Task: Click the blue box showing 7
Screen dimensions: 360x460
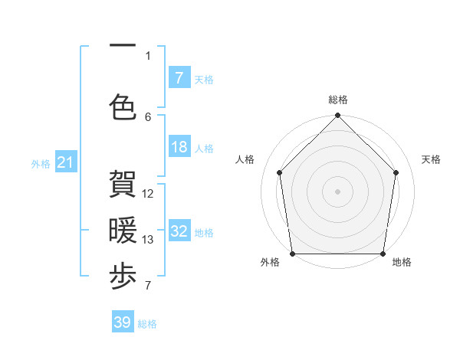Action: pos(179,77)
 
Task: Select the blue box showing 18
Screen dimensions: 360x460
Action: pos(179,147)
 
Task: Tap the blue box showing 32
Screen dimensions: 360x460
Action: pos(179,231)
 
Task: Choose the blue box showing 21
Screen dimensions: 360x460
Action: pos(66,162)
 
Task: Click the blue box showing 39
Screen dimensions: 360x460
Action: pos(123,322)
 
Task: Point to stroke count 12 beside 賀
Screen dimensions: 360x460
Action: pos(148,194)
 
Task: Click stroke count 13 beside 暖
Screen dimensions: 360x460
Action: pos(148,240)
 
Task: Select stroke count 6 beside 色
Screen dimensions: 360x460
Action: pos(148,116)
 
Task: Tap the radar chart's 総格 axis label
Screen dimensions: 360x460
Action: pos(338,100)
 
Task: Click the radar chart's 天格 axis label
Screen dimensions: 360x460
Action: pos(432,159)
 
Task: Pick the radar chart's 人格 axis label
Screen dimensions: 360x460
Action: pos(245,159)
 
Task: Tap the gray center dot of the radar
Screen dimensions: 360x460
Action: pos(337,191)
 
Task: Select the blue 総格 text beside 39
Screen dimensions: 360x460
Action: pos(147,324)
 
